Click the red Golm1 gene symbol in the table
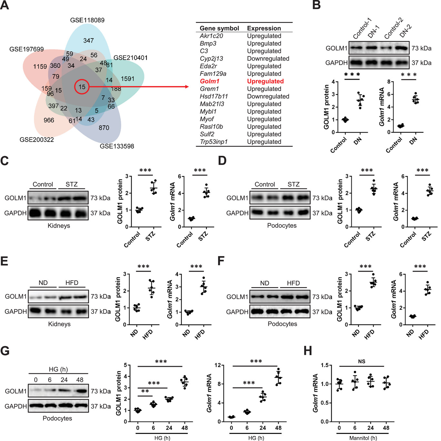pyautogui.click(x=209, y=81)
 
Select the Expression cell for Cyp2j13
pyautogui.click(x=268, y=59)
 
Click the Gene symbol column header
pyautogui.click(x=219, y=28)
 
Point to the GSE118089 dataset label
pyautogui.click(x=87, y=20)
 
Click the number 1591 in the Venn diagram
pyautogui.click(x=127, y=79)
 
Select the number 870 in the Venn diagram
pyautogui.click(x=104, y=128)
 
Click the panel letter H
pyautogui.click(x=308, y=351)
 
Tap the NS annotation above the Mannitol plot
pyautogui.click(x=362, y=361)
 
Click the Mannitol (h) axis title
pyautogui.click(x=363, y=438)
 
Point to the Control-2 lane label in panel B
pyautogui.click(x=393, y=29)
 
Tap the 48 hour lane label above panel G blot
pyautogui.click(x=80, y=380)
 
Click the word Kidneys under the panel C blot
pyautogui.click(x=59, y=226)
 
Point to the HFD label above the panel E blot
pyautogui.click(x=72, y=283)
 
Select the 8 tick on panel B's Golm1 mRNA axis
pyautogui.click(x=390, y=82)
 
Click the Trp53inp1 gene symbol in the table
pyautogui.click(x=214, y=142)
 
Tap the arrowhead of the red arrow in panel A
pyautogui.click(x=187, y=87)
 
